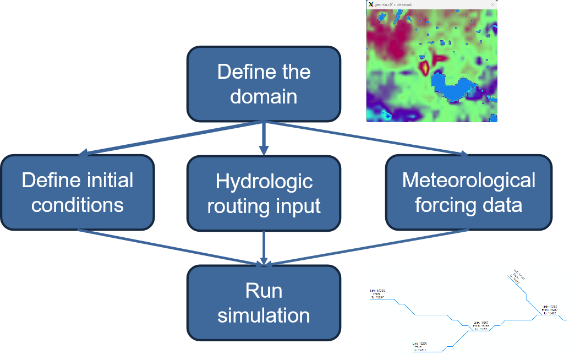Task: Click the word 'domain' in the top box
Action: (x=264, y=96)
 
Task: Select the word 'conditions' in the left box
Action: (x=78, y=205)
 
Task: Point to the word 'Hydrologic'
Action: (x=264, y=181)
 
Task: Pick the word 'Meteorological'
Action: (x=468, y=180)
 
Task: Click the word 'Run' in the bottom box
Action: (x=264, y=291)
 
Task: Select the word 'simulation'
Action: (x=264, y=315)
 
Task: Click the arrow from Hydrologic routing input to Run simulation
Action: (x=264, y=248)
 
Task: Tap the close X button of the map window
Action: (x=492, y=4)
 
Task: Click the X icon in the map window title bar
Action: (x=371, y=4)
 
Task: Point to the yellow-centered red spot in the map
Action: (x=425, y=67)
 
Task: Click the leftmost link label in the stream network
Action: (x=377, y=293)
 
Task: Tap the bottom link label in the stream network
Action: (x=419, y=346)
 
